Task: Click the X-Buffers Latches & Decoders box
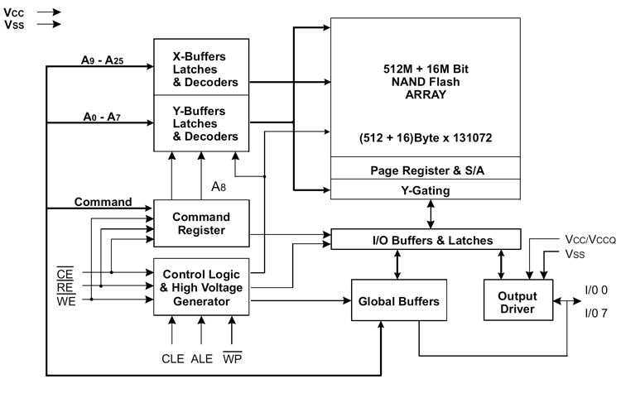point(201,67)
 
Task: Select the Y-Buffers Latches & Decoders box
point(201,123)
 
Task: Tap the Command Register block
point(201,223)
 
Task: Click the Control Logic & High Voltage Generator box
point(201,287)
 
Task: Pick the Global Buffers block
point(399,300)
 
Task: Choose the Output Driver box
point(518,300)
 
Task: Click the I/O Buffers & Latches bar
point(426,239)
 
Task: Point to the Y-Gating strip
point(426,189)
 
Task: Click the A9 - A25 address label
point(102,60)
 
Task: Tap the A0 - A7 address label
point(102,117)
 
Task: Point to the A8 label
point(219,186)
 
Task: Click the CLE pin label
point(173,358)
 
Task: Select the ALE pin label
point(201,358)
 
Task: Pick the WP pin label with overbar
point(233,357)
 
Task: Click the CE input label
point(65,274)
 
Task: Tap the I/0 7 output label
point(596,314)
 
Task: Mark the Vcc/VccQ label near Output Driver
point(590,239)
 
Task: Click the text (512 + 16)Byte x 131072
point(426,137)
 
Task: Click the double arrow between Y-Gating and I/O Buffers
point(431,214)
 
